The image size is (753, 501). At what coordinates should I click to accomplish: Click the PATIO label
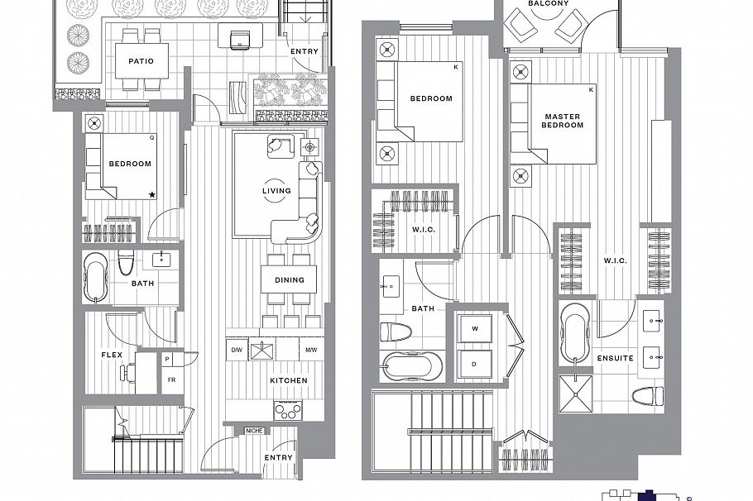[141, 60]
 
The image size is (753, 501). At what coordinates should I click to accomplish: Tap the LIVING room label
[276, 191]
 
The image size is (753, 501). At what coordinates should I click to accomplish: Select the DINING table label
[290, 279]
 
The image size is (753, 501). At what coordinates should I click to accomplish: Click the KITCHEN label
[288, 380]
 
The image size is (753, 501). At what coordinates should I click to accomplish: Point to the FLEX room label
[112, 355]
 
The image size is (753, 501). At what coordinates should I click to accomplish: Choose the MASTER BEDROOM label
[563, 120]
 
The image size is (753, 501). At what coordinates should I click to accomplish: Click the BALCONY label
[547, 3]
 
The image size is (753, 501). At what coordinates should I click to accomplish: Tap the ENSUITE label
[615, 358]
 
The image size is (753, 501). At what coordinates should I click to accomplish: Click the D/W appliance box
[237, 350]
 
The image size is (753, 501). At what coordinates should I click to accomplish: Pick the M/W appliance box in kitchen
[311, 350]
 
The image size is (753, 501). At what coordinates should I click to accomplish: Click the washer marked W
[475, 328]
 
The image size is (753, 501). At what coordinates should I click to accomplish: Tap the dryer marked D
[475, 363]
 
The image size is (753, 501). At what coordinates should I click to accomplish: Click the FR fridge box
[171, 379]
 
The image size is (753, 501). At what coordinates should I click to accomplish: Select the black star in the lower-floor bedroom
[152, 195]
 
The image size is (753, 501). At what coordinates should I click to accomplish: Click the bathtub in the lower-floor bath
[97, 276]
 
